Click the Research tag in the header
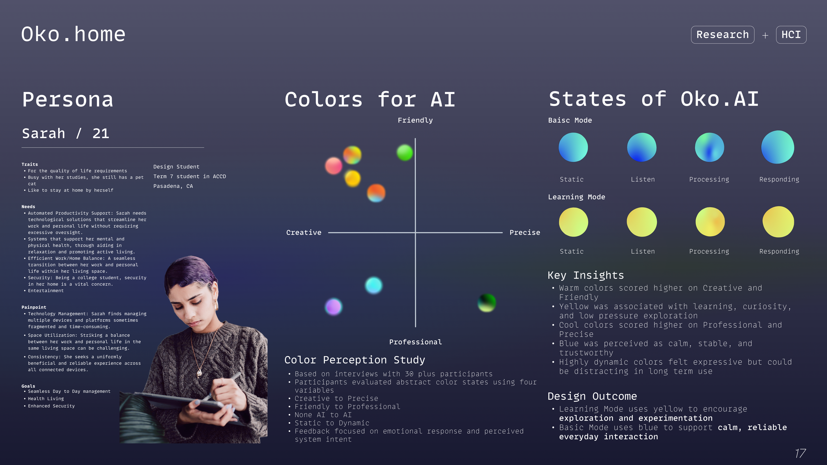[x=722, y=35]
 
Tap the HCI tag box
[x=791, y=35]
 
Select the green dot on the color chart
[x=404, y=152]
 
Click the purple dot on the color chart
[x=334, y=307]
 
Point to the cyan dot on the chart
[x=374, y=285]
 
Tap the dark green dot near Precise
[x=487, y=303]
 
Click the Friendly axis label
[x=415, y=120]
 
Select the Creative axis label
[x=304, y=232]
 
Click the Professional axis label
[x=415, y=342]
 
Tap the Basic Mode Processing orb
[x=709, y=147]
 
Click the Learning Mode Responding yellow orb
[x=778, y=222]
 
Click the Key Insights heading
[x=586, y=275]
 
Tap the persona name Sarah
[x=44, y=133]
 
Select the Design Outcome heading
[x=592, y=396]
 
